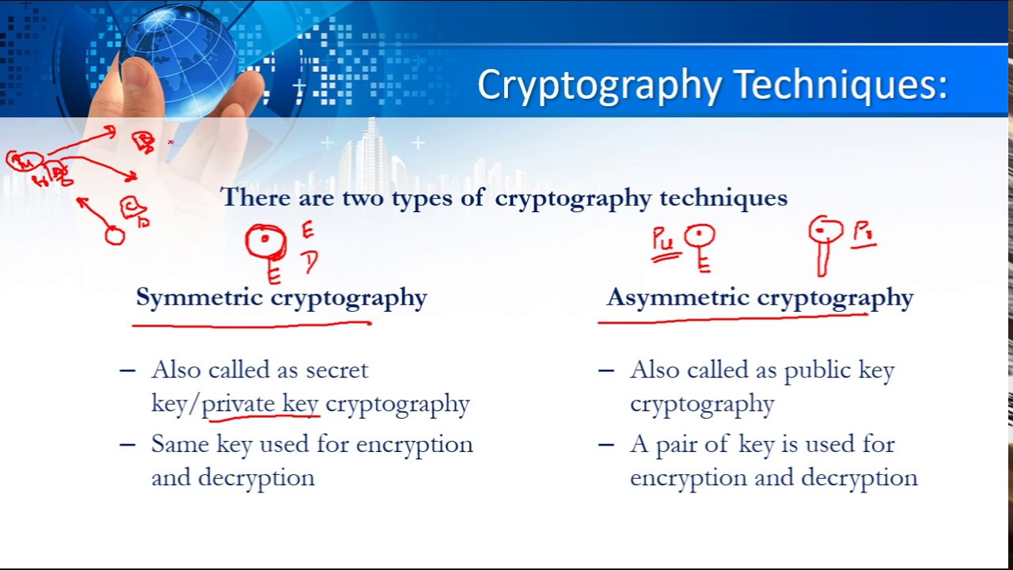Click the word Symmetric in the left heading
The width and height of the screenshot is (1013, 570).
point(199,298)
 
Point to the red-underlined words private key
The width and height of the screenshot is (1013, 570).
point(260,404)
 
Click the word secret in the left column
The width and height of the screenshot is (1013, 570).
point(337,370)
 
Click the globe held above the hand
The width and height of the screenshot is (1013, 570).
point(178,49)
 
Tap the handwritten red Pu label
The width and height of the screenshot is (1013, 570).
point(664,240)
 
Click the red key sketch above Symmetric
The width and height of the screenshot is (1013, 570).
point(267,245)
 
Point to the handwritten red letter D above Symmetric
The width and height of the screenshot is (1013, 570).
point(309,261)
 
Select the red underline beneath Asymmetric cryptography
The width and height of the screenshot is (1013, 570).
point(732,318)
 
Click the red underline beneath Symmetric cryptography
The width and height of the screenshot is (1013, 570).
point(252,323)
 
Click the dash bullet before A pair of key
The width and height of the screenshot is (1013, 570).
point(606,444)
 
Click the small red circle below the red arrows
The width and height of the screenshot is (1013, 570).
point(115,235)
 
